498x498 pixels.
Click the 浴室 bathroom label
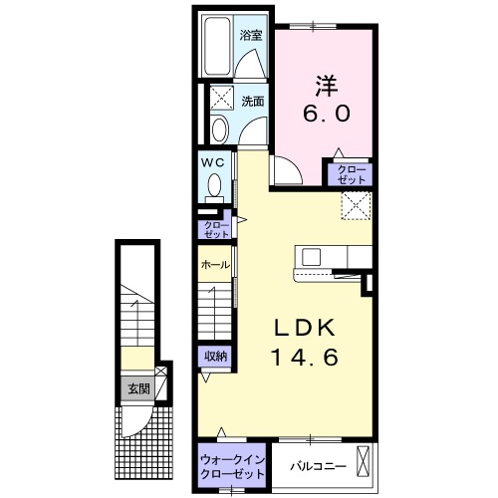[x=251, y=36]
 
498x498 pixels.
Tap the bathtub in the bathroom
[x=217, y=46]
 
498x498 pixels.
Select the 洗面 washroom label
[x=253, y=102]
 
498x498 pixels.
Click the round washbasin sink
[x=220, y=129]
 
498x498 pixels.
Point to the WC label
[x=213, y=162]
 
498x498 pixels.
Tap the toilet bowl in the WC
[x=214, y=185]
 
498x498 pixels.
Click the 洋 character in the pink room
[x=327, y=87]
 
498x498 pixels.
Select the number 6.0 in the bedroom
[x=327, y=114]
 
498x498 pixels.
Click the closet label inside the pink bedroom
[x=352, y=175]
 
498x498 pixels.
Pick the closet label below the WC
[x=217, y=230]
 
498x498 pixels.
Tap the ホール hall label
[x=215, y=265]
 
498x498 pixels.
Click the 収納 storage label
[x=215, y=357]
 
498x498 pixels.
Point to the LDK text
[x=304, y=329]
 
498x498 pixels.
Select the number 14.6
[x=306, y=358]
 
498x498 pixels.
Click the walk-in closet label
[x=233, y=467]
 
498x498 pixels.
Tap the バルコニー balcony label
[x=319, y=466]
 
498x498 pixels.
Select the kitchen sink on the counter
[x=312, y=257]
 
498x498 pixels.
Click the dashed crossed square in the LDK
[x=357, y=205]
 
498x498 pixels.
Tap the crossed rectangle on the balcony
[x=363, y=462]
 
